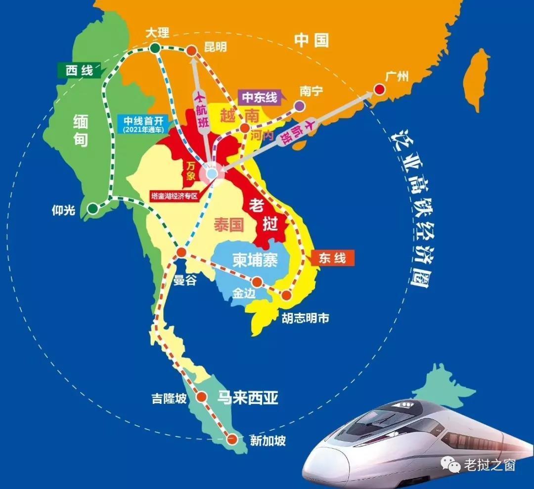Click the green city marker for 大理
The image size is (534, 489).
pyautogui.click(x=155, y=48)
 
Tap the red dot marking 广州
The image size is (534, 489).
pyautogui.click(x=379, y=90)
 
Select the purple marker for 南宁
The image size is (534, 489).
pyautogui.click(x=299, y=105)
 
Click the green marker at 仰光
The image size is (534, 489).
pyautogui.click(x=92, y=209)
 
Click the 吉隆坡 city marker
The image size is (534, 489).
pyautogui.click(x=202, y=396)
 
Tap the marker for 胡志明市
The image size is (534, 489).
pyautogui.click(x=286, y=295)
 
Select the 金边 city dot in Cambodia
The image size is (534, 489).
pyautogui.click(x=257, y=282)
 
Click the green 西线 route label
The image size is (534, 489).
pyautogui.click(x=79, y=70)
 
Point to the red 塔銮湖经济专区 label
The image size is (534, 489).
pyautogui.click(x=175, y=196)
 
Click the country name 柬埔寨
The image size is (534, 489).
pyautogui.click(x=255, y=260)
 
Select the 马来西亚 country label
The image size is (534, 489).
pyautogui.click(x=248, y=397)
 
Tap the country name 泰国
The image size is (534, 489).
pyautogui.click(x=229, y=225)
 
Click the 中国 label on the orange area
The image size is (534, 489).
pyautogui.click(x=311, y=40)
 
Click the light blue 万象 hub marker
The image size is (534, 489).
pyautogui.click(x=212, y=174)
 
